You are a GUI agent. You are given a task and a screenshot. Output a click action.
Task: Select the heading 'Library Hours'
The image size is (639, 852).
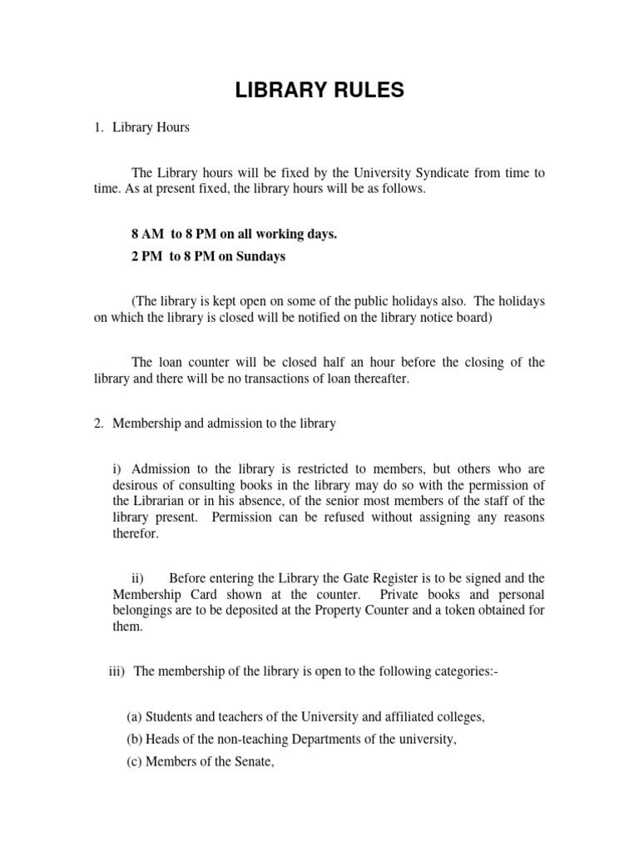(x=151, y=128)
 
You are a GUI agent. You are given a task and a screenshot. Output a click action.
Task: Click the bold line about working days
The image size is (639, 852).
(x=234, y=235)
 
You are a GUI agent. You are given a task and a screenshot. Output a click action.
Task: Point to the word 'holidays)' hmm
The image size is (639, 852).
(x=521, y=300)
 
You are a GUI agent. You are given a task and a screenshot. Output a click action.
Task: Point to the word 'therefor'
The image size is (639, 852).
(x=135, y=534)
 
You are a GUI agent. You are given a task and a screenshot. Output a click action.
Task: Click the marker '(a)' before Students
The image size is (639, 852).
(x=134, y=716)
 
